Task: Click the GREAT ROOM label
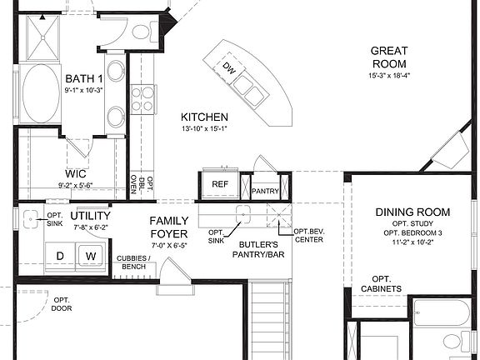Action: pos(389,57)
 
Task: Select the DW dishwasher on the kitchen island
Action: pos(230,70)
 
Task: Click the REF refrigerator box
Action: pos(220,184)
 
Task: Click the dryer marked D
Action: pos(60,255)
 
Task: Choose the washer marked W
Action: pos(91,255)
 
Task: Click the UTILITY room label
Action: pos(91,216)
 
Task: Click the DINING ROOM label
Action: pos(412,212)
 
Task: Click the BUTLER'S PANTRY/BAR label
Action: pos(262,248)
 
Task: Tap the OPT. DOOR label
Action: pos(62,304)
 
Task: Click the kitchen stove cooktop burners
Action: pos(142,98)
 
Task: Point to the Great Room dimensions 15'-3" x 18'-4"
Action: pos(389,76)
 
